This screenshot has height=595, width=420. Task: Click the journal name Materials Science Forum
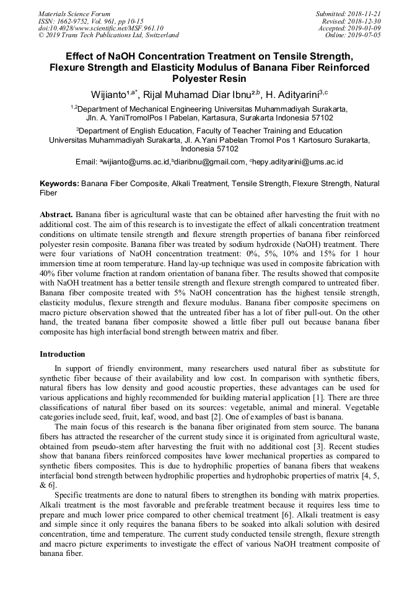(74, 14)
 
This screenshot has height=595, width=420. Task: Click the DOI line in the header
(100, 28)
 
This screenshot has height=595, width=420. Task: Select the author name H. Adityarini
(289, 95)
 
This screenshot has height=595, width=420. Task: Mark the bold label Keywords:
(59, 184)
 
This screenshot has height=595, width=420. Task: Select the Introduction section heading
(63, 354)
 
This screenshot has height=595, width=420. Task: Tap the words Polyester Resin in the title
(209, 79)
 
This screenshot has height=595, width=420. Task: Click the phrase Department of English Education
(135, 131)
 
